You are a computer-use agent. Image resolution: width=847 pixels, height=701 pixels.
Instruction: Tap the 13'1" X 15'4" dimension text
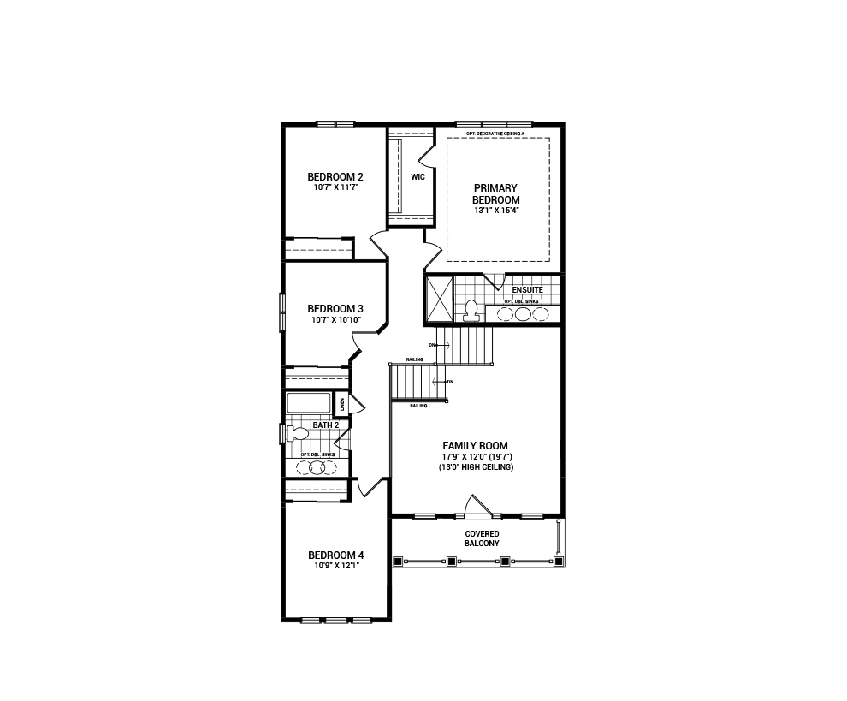coord(495,210)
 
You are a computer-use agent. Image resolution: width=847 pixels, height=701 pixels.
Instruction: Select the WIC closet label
coord(418,177)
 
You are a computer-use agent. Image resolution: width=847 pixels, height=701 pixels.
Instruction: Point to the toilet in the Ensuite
coord(471,311)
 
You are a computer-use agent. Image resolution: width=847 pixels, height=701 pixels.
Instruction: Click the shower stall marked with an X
coord(439,299)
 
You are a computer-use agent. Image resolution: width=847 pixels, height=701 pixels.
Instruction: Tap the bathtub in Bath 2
coord(308,403)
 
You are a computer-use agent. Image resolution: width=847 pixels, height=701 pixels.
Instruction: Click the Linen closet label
coord(341,404)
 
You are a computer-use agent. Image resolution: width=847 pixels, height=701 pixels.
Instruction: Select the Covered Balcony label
coord(482,538)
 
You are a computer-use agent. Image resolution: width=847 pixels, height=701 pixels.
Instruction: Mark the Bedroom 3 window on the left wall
coord(282,312)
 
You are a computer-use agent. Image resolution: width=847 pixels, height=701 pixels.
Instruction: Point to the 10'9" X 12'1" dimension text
coord(335,566)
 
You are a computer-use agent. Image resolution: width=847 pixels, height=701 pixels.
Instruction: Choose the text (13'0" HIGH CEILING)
coord(476,467)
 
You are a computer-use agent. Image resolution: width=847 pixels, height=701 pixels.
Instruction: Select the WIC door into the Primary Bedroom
coord(425,154)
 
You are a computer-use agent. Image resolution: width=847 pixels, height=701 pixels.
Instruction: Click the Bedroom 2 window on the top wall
coord(335,124)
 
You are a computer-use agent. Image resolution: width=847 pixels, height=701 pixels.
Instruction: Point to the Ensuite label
coord(527,290)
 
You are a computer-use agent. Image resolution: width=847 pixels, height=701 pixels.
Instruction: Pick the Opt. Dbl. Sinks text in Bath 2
coord(317,454)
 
